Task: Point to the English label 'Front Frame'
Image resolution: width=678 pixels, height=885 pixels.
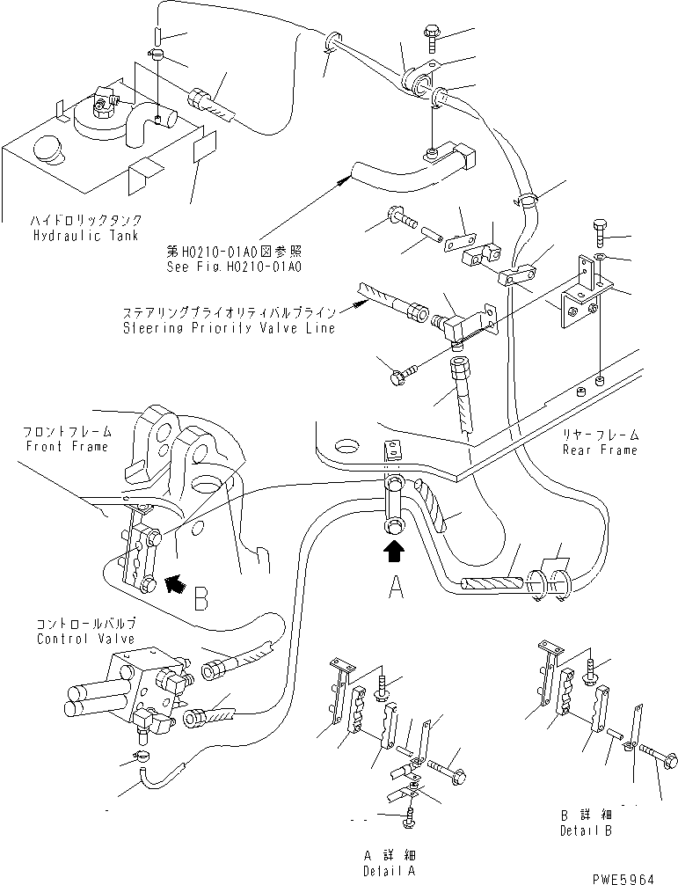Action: point(67,446)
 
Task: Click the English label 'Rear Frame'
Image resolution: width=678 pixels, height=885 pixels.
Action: point(601,450)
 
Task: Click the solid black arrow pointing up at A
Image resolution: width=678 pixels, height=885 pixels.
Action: point(394,552)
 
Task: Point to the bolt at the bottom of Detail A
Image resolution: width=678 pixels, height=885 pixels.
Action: point(411,818)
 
